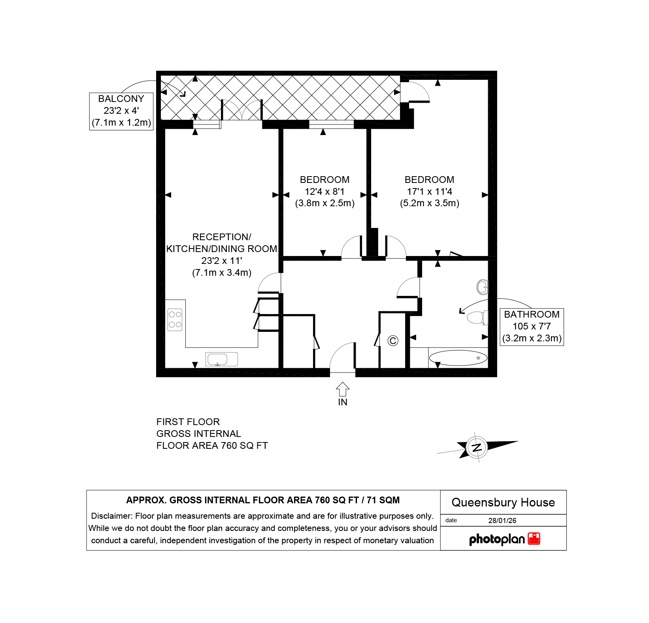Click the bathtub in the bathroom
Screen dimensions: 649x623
(x=458, y=358)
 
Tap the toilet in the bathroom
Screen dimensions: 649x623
(x=477, y=317)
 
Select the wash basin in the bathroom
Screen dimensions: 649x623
(x=482, y=287)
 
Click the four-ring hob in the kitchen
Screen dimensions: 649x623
(x=175, y=320)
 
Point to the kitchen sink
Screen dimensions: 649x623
(x=221, y=359)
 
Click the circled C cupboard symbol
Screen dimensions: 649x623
(x=393, y=341)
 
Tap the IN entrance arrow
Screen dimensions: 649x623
(x=343, y=389)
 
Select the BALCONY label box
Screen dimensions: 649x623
(x=121, y=111)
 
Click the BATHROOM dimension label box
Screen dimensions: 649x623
(x=532, y=327)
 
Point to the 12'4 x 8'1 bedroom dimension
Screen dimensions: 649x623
(x=324, y=192)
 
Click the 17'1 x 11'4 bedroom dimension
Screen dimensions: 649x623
(x=430, y=192)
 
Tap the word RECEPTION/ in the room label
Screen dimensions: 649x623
(x=222, y=237)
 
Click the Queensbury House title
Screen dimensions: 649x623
(x=503, y=503)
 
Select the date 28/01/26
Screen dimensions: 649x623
(x=502, y=520)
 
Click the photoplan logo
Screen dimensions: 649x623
(x=505, y=539)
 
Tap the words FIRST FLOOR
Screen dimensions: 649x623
(x=188, y=422)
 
